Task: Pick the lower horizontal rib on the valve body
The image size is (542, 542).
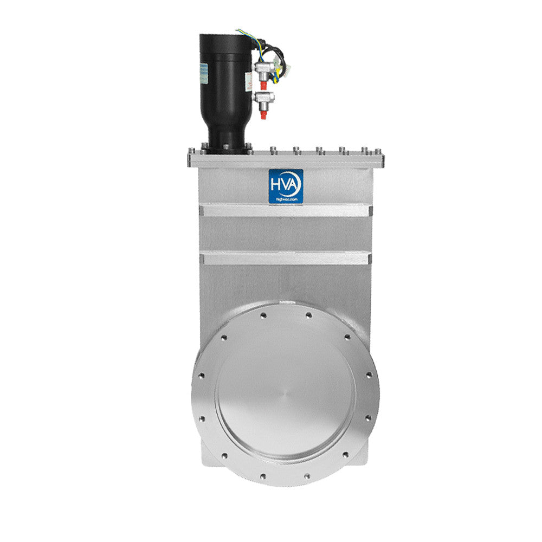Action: [286, 258]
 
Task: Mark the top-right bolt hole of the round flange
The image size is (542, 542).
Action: [308, 315]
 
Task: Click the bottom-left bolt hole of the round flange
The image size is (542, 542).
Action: [263, 476]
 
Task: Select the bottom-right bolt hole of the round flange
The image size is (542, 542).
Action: [308, 476]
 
